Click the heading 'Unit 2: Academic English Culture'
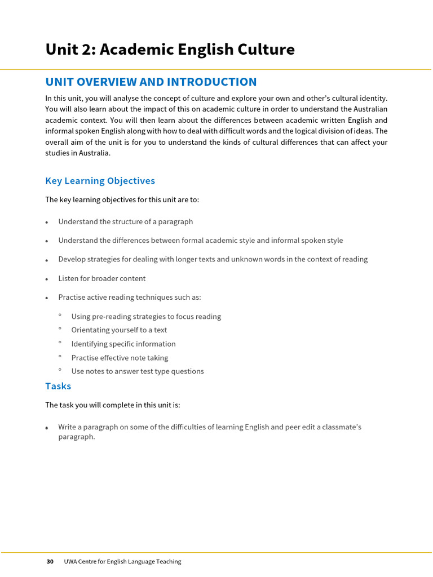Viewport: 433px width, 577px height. [170, 50]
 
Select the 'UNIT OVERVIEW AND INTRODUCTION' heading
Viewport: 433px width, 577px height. [151, 82]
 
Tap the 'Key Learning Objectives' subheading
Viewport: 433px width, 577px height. [100, 181]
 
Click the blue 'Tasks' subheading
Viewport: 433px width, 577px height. [58, 386]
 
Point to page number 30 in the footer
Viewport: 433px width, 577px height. [50, 561]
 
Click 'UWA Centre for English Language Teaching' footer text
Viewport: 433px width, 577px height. [122, 561]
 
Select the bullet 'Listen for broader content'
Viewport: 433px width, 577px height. [101, 278]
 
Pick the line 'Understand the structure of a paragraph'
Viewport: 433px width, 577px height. [125, 221]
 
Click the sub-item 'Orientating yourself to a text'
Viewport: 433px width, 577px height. [119, 330]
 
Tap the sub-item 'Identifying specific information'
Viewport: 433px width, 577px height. [123, 344]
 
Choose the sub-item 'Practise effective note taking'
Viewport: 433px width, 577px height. [120, 358]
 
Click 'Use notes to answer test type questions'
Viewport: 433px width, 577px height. [138, 371]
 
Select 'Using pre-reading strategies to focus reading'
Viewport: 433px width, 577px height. [146, 317]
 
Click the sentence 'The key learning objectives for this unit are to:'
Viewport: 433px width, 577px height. [122, 199]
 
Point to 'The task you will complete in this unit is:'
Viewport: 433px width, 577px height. [112, 405]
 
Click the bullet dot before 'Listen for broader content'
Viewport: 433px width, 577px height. [47, 279]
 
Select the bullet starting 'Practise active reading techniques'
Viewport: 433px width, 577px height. [129, 297]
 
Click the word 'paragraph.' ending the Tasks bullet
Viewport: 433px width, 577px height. [77, 437]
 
